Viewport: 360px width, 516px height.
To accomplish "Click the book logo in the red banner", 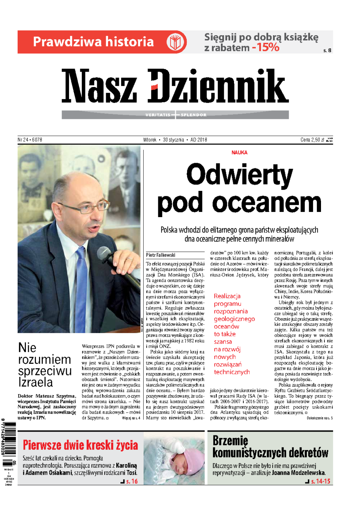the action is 176,42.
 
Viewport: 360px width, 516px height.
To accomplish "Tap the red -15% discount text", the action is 266,48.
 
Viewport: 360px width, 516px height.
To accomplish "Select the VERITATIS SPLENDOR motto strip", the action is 175,115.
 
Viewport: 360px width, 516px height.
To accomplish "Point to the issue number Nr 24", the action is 23,140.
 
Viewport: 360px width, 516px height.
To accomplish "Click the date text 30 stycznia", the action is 173,140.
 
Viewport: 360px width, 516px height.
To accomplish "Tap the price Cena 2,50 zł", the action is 312,140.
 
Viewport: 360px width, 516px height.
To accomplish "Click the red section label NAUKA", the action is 239,153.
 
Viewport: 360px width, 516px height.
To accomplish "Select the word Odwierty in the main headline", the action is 239,175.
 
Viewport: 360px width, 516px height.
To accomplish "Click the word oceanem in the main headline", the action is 267,203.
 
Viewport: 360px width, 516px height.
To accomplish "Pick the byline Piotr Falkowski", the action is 160,255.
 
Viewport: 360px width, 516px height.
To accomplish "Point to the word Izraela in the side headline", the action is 36,382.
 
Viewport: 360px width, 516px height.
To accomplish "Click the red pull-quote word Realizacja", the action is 227,296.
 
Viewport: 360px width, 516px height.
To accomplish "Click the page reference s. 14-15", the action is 321,481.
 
